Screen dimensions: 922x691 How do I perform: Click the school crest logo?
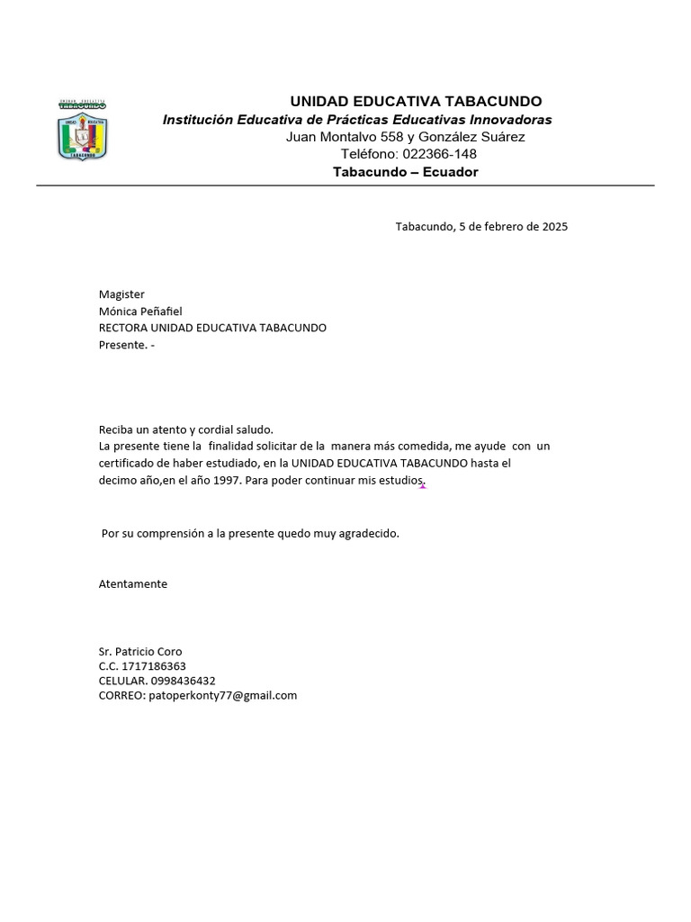click(83, 130)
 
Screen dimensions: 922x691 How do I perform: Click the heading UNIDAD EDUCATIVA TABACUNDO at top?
click(415, 102)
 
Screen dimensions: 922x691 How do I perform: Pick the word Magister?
click(121, 294)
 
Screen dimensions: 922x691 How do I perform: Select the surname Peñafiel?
click(161, 312)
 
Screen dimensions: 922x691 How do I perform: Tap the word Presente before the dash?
click(121, 345)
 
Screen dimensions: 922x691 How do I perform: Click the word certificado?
click(128, 464)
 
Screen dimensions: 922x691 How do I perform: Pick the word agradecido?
click(368, 534)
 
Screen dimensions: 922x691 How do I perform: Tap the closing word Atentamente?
click(133, 584)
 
